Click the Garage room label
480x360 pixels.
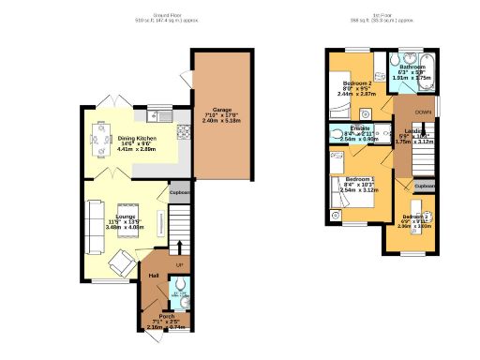(x=221, y=109)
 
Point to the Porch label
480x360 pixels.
(x=166, y=317)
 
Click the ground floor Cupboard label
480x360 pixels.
(x=180, y=193)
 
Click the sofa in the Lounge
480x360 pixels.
(x=94, y=227)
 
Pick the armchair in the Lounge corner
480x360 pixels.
(x=121, y=260)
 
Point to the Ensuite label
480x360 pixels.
(x=361, y=127)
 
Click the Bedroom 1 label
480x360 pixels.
(x=360, y=179)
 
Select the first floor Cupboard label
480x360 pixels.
(x=425, y=187)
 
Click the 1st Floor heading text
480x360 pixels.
(x=381, y=13)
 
